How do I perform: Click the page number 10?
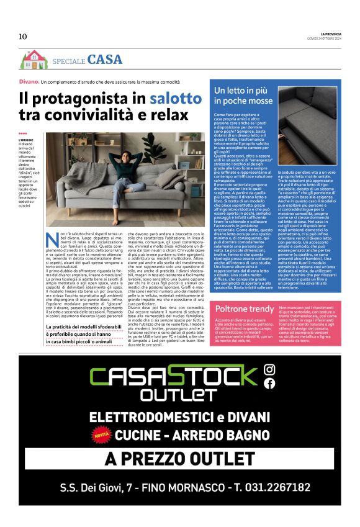point(22,36)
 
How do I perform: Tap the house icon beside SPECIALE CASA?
point(33,60)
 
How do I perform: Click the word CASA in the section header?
point(105,60)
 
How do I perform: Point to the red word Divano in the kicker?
point(29,82)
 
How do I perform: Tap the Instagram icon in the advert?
point(269,370)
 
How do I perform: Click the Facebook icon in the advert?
point(269,384)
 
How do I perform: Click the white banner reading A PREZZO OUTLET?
point(180,459)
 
